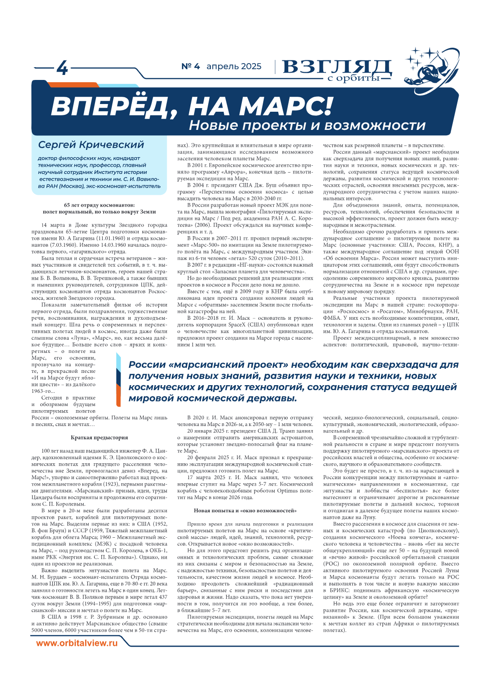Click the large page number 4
point(62,68)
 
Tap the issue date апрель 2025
point(234,66)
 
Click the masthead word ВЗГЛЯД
point(336,67)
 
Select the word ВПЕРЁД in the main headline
point(109,107)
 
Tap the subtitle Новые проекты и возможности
point(307,125)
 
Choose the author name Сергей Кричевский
point(91,145)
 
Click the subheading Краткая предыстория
point(99,438)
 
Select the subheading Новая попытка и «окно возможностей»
point(245,511)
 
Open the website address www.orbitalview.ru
point(77,643)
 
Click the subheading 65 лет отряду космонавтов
point(99,205)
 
